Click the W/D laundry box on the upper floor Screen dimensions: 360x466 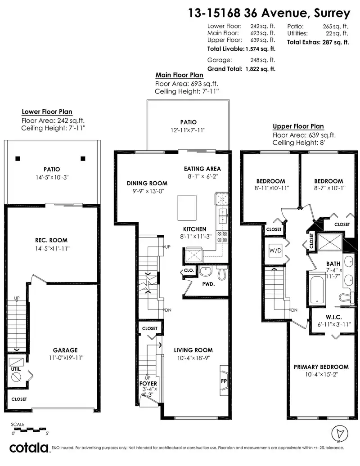(x=275, y=251)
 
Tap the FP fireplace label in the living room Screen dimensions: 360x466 (x=224, y=381)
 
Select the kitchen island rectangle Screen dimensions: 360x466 (x=187, y=207)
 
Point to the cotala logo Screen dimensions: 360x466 (x=28, y=448)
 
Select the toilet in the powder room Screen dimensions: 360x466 (x=222, y=273)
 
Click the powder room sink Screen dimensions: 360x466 (x=205, y=271)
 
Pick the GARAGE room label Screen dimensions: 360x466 (x=65, y=350)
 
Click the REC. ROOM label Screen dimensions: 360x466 (x=51, y=240)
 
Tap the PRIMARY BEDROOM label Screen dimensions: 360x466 (x=321, y=367)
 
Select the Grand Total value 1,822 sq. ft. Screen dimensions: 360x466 (x=261, y=69)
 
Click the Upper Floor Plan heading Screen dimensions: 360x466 (x=298, y=126)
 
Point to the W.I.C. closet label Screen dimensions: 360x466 (x=334, y=317)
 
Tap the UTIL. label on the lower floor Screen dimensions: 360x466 (x=16, y=369)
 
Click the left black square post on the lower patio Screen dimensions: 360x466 (x=18, y=159)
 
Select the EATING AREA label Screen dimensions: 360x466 (x=202, y=169)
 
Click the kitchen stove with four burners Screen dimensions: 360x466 (x=222, y=237)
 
